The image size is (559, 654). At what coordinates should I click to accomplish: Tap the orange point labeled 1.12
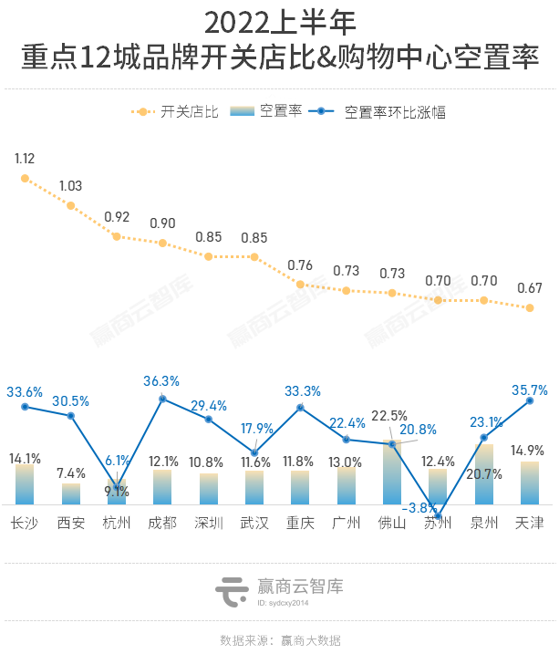[x=25, y=179]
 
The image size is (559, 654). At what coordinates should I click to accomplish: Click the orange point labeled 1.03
[x=70, y=205]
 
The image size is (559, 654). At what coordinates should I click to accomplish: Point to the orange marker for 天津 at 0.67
[x=530, y=308]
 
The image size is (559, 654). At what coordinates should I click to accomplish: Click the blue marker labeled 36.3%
[x=162, y=399]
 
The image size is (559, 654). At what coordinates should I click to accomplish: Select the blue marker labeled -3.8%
[x=438, y=516]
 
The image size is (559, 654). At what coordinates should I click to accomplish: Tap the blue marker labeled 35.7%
[x=530, y=400]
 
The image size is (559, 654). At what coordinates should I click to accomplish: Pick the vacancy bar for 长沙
[x=25, y=484]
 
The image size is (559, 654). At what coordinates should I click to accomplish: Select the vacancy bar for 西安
[x=70, y=493]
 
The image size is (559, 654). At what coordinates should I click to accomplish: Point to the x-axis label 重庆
[x=300, y=524]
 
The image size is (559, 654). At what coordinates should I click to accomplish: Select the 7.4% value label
[x=70, y=473]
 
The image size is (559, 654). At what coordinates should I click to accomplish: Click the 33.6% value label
[x=25, y=391]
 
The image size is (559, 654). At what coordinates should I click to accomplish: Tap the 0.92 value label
[x=117, y=217]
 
